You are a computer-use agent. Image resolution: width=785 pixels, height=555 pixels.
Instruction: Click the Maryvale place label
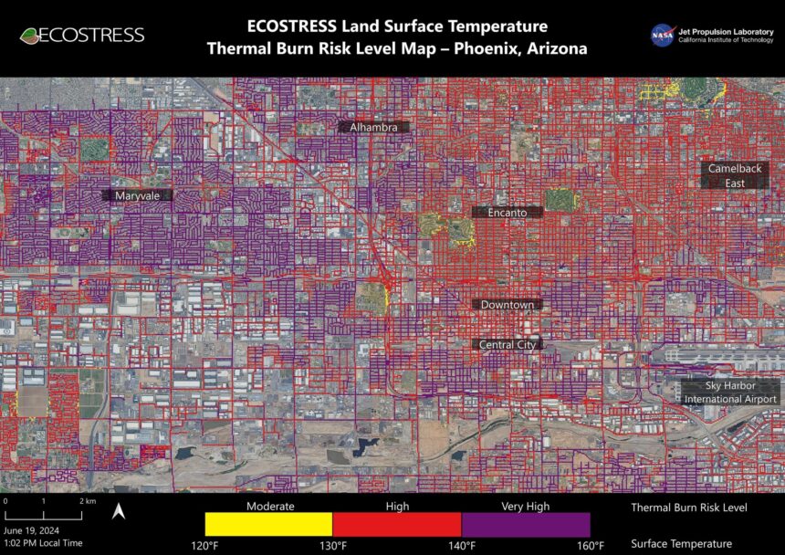[138, 195]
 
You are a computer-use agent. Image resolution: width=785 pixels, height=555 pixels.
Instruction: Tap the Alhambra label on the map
[374, 128]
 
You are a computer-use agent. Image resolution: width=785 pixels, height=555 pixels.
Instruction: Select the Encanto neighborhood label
[508, 212]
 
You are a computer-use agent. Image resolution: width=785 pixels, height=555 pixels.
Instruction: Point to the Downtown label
[508, 304]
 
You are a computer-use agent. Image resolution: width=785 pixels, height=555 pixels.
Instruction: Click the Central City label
[508, 344]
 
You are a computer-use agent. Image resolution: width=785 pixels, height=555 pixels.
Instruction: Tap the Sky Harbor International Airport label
[730, 393]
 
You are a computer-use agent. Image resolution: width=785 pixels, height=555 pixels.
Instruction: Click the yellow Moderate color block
[268, 524]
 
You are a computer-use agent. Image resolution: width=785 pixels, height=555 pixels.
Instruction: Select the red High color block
[397, 524]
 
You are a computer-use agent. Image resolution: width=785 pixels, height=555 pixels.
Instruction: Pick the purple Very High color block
[526, 524]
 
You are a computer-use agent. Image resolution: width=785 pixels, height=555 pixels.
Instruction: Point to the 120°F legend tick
[204, 546]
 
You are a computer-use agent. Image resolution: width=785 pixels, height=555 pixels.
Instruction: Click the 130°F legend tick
[333, 546]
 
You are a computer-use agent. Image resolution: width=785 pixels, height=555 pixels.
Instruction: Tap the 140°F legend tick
[462, 546]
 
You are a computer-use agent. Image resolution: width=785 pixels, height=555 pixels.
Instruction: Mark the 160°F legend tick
[590, 546]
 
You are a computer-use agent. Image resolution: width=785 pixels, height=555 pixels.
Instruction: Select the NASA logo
[662, 35]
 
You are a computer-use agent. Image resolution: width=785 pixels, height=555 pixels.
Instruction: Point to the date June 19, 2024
[34, 529]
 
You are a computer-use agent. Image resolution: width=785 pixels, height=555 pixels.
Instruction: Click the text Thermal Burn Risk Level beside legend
[690, 508]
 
